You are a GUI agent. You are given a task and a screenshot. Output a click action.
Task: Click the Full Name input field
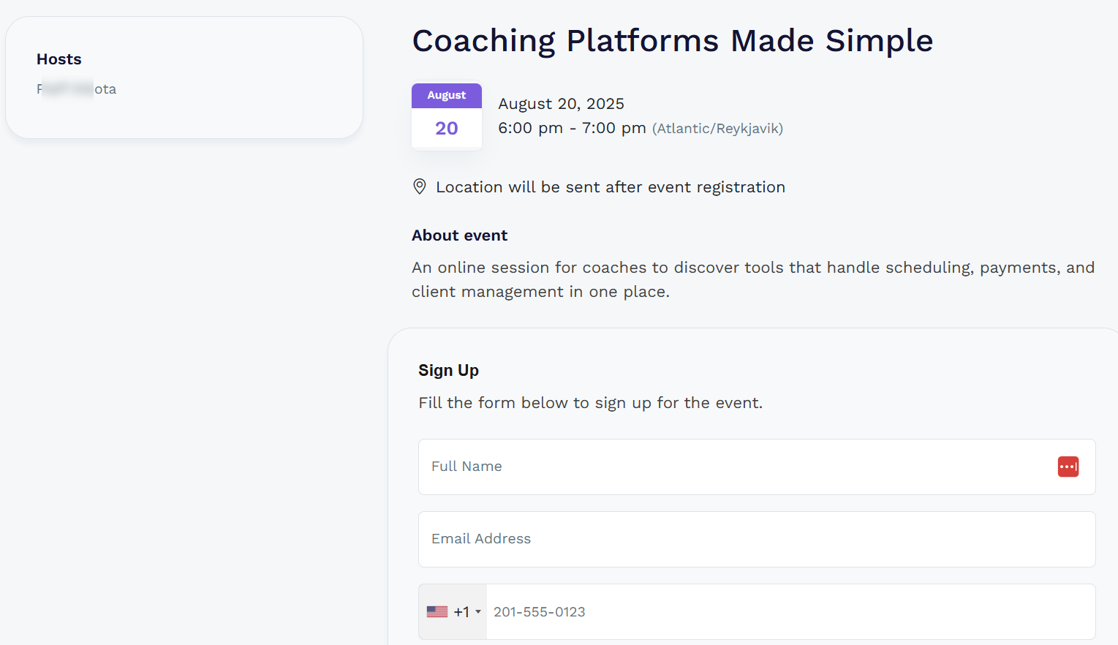click(x=731, y=467)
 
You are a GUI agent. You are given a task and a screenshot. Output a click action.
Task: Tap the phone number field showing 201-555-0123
click(x=790, y=612)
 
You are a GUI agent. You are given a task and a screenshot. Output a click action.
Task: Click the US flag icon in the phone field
click(x=437, y=612)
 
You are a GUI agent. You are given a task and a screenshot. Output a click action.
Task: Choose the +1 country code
click(x=461, y=612)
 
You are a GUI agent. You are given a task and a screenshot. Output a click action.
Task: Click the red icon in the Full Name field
click(x=1068, y=467)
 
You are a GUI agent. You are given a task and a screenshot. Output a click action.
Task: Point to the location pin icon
click(x=420, y=186)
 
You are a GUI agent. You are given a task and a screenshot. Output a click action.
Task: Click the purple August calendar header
click(x=447, y=95)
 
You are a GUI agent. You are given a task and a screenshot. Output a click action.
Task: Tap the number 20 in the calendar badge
click(x=447, y=129)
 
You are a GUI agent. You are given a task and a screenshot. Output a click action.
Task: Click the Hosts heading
click(x=59, y=59)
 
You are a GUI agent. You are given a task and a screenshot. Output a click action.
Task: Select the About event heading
click(x=459, y=235)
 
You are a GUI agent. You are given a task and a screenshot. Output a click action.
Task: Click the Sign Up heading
click(x=448, y=371)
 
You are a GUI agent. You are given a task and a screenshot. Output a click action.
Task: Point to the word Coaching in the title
click(x=484, y=41)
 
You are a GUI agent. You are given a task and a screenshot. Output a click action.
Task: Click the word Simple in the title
click(x=879, y=41)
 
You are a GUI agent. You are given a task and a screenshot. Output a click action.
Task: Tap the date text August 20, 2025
click(x=561, y=104)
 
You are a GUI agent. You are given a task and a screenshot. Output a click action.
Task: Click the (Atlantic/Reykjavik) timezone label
click(x=717, y=129)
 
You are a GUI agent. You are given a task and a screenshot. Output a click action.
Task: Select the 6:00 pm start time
click(x=530, y=128)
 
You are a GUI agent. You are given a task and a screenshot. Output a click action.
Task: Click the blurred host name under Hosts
click(x=77, y=89)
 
